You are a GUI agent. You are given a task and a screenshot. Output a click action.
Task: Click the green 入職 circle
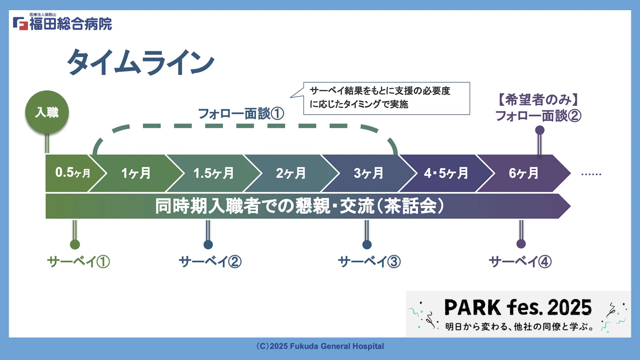(47, 112)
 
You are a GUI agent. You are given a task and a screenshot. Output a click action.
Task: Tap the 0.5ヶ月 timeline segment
(72, 173)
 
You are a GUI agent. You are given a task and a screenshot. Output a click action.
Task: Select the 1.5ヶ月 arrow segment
(213, 173)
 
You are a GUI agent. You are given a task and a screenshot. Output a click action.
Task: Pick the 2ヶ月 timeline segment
(291, 173)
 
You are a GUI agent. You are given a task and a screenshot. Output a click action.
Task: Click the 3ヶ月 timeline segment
(369, 173)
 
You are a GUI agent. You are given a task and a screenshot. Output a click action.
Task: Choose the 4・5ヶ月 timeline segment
(446, 173)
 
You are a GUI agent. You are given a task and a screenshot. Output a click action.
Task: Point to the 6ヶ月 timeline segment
(524, 173)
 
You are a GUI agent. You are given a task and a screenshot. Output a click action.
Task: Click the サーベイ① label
(78, 262)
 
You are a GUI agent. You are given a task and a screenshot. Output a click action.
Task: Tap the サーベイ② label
(210, 262)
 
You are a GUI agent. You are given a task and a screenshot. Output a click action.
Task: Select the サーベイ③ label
(369, 262)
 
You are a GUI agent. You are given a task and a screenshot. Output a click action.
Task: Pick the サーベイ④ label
(520, 262)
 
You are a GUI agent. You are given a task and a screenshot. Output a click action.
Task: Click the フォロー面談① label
(241, 114)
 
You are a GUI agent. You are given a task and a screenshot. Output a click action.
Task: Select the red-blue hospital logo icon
(20, 23)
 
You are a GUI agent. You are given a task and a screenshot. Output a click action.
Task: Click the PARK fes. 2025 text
(517, 307)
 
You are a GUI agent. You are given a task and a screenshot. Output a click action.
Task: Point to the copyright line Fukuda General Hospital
(320, 346)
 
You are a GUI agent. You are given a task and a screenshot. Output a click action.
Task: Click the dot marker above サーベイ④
(521, 244)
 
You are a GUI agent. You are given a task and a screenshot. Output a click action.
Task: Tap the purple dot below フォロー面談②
(539, 130)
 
